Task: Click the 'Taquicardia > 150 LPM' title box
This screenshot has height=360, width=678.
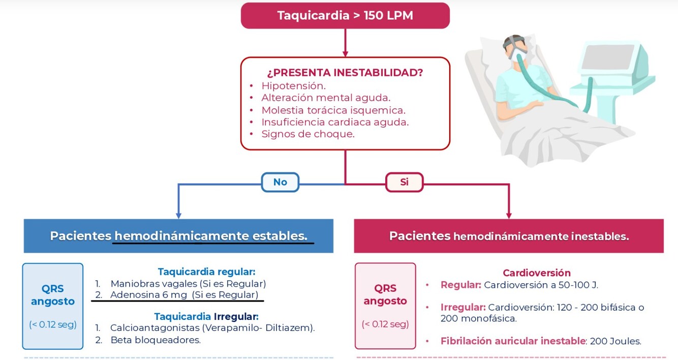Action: [x=345, y=16]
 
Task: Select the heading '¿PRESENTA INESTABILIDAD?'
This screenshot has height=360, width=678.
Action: [x=345, y=72]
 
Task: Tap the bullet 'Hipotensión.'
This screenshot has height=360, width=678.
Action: [x=293, y=86]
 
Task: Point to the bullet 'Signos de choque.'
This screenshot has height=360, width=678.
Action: [x=307, y=134]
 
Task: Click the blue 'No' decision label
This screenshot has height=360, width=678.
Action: [x=280, y=182]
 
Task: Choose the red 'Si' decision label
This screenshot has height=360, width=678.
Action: [x=404, y=182]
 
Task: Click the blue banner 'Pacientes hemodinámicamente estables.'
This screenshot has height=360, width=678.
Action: [x=178, y=236]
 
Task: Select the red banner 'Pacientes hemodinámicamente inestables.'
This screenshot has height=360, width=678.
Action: [x=509, y=236]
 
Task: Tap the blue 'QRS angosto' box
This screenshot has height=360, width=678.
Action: [x=53, y=306]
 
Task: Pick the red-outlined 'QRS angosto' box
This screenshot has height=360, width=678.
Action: [x=385, y=306]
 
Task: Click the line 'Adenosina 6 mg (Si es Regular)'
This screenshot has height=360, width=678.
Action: [x=184, y=295]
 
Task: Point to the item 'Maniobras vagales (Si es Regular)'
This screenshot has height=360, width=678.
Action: [x=188, y=284]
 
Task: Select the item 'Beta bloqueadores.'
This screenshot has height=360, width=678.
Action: [x=156, y=340]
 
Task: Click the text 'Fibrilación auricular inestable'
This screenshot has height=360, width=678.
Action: [x=513, y=341]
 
